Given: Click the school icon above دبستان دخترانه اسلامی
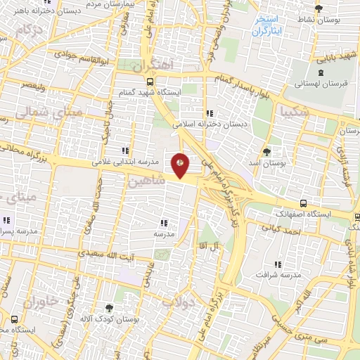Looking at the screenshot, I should (x=210, y=113).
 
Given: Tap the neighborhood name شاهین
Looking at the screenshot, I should (x=146, y=181).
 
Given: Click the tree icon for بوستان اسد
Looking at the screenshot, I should (x=266, y=151).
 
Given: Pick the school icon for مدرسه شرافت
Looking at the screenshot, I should (x=278, y=264).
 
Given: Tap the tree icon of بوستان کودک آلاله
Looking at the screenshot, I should (x=108, y=307).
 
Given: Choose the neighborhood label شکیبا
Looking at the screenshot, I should (x=294, y=111).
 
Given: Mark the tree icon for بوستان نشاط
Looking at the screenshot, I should (x=319, y=9).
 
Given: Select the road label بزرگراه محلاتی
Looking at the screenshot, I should (x=29, y=153).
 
